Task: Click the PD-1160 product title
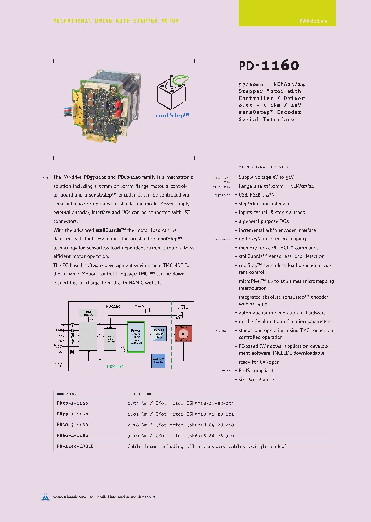tap(268, 66)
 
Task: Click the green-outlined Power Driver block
tap(136, 336)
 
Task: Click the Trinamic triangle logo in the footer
tap(45, 497)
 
